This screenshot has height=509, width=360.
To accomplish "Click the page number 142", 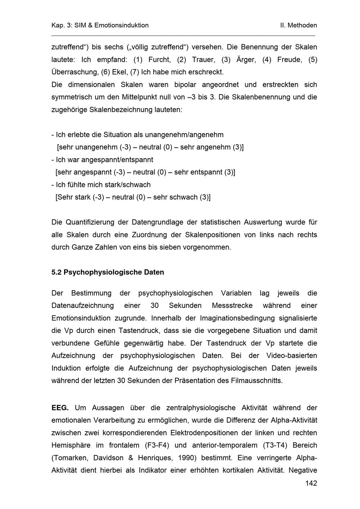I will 311,483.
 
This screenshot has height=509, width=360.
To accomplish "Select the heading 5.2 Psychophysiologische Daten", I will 108,272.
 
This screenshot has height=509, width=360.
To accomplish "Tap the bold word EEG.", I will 60,408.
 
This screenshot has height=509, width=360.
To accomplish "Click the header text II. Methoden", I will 298,25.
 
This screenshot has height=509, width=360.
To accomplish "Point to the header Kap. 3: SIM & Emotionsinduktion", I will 100,25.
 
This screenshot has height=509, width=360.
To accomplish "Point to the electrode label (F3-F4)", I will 157,445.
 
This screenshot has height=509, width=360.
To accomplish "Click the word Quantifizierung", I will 92,222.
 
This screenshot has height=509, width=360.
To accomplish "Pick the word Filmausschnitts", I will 257,381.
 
